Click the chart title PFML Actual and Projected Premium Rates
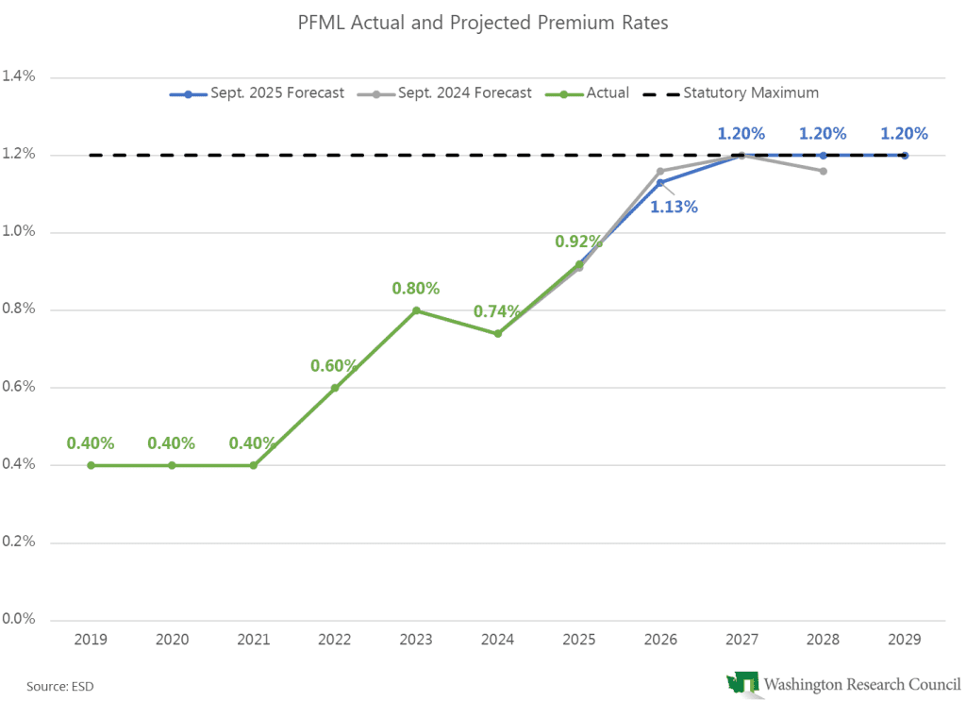pyautogui.click(x=483, y=23)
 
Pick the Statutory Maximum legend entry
pyautogui.click(x=737, y=93)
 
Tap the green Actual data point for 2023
pyautogui.click(x=416, y=310)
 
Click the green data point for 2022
pyautogui.click(x=335, y=388)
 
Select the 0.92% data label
pyautogui.click(x=578, y=242)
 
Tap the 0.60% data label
pyautogui.click(x=335, y=365)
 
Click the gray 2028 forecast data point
pyautogui.click(x=824, y=171)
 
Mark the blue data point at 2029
pyautogui.click(x=905, y=156)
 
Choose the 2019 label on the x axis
pyautogui.click(x=91, y=639)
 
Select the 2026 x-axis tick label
pyautogui.click(x=660, y=639)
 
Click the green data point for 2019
pyautogui.click(x=91, y=465)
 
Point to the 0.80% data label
pyautogui.click(x=416, y=288)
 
